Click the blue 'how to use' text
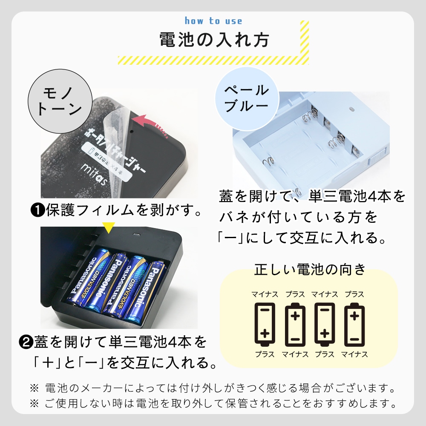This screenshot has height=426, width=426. coord(213,21)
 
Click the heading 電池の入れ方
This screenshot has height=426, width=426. coord(214,40)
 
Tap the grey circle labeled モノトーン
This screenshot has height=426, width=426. coord(60,101)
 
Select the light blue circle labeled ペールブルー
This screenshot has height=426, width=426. coord(247,99)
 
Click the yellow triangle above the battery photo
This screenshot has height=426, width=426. coord(108,227)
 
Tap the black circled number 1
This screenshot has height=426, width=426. coord(37,210)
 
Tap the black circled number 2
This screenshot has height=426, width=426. coord(26,343)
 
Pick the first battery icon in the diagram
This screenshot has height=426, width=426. coord(265,324)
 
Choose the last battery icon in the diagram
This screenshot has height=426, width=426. coord(354,324)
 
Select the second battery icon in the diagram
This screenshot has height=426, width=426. coord(295,324)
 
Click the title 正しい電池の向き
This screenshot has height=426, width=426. coord(310,270)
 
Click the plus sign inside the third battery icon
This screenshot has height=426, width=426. coord(325,334)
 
